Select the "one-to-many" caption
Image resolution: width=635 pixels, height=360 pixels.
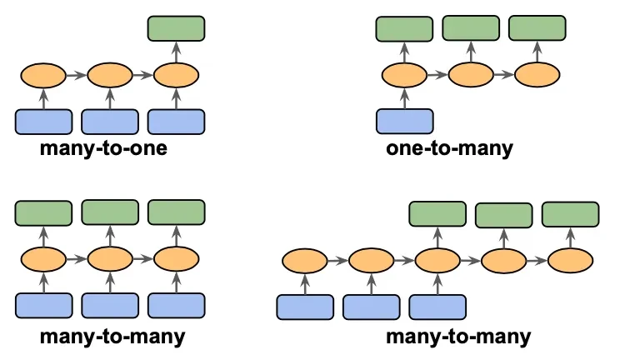450,150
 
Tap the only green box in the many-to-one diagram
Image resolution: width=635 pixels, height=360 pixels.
176,28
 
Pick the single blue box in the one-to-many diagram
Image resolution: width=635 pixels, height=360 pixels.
405,121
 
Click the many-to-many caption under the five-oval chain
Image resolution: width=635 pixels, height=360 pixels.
457,337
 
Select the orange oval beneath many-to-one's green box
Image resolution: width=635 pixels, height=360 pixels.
176,76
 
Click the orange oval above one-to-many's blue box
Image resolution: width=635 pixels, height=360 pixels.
405,76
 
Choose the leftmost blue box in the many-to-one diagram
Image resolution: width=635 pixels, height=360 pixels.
43,122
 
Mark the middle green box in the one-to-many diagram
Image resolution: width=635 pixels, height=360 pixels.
471,28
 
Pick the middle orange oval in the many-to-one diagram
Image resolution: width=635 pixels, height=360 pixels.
110,76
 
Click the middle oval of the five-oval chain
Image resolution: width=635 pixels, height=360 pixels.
437,261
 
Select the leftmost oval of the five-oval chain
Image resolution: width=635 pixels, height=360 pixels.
305,261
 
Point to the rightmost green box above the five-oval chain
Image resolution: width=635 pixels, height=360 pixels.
570,214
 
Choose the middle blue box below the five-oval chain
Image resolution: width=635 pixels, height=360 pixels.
371,307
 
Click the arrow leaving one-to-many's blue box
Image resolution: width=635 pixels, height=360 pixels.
405,98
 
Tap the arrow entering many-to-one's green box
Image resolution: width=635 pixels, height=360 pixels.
176,52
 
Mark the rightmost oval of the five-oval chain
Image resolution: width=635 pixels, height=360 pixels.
570,261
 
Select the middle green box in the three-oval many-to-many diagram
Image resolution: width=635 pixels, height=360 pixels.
110,212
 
